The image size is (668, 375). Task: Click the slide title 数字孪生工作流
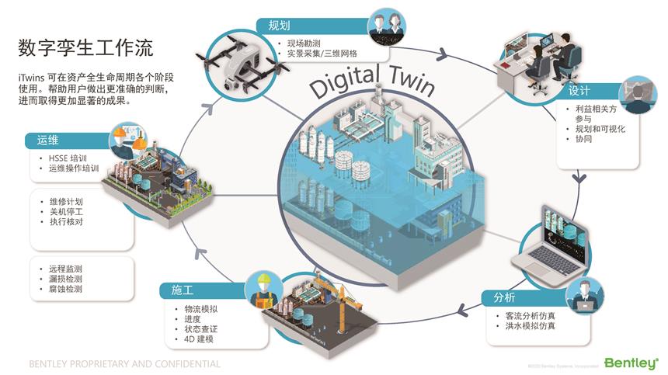[x=85, y=48]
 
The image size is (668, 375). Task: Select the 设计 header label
[x=579, y=91]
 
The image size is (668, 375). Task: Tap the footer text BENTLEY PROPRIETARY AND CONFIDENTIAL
[x=124, y=363]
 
